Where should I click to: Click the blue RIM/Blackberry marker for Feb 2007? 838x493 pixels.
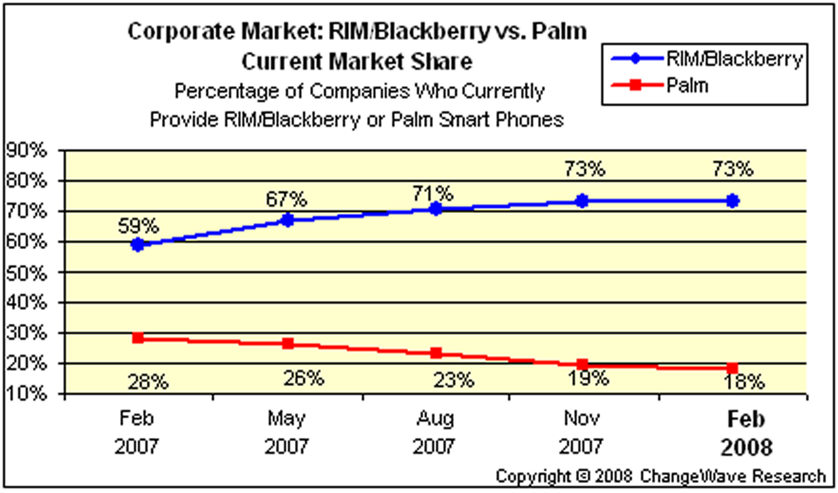[138, 244]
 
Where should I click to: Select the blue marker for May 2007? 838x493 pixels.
[288, 220]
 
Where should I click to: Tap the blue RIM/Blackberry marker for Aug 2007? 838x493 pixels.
[436, 209]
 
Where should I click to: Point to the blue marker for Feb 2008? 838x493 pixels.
[732, 201]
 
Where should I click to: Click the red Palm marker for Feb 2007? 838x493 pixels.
[138, 338]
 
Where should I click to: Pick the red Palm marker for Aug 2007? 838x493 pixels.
[436, 353]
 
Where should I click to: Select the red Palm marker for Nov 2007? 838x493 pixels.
[582, 364]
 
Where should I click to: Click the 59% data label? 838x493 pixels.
[138, 226]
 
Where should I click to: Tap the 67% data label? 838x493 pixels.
[287, 199]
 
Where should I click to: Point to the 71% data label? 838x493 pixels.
[433, 194]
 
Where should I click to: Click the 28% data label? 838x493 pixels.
[148, 382]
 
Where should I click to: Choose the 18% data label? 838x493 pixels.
[744, 382]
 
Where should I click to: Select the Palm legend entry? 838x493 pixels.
[687, 86]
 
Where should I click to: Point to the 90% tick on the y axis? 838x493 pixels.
[26, 150]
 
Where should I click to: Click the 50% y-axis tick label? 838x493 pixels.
[26, 273]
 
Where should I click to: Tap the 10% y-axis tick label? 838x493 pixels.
[26, 393]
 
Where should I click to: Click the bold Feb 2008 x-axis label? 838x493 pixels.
[746, 433]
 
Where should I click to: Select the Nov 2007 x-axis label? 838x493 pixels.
[581, 432]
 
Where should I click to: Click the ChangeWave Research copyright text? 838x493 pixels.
[661, 476]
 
